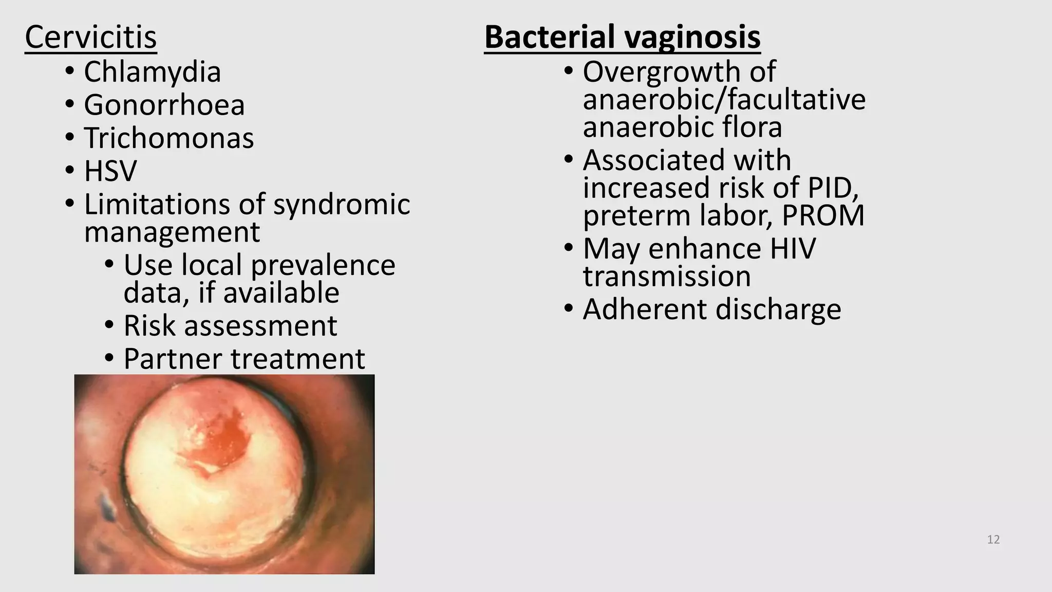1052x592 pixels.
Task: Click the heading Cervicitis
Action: [x=90, y=37]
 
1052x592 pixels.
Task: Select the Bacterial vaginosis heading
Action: [x=622, y=37]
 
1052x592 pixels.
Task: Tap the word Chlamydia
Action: [x=152, y=71]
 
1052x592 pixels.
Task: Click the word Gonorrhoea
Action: [x=164, y=105]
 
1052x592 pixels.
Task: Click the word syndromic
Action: [x=342, y=204]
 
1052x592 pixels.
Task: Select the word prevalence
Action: [x=323, y=265]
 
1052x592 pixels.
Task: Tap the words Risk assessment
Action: [x=230, y=325]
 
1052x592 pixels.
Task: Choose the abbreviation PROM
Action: [x=823, y=215]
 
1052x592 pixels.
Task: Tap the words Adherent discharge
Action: [x=712, y=309]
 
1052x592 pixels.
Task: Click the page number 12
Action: [x=993, y=540]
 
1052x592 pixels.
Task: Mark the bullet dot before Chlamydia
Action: [x=70, y=71]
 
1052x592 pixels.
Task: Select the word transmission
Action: [x=667, y=276]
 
